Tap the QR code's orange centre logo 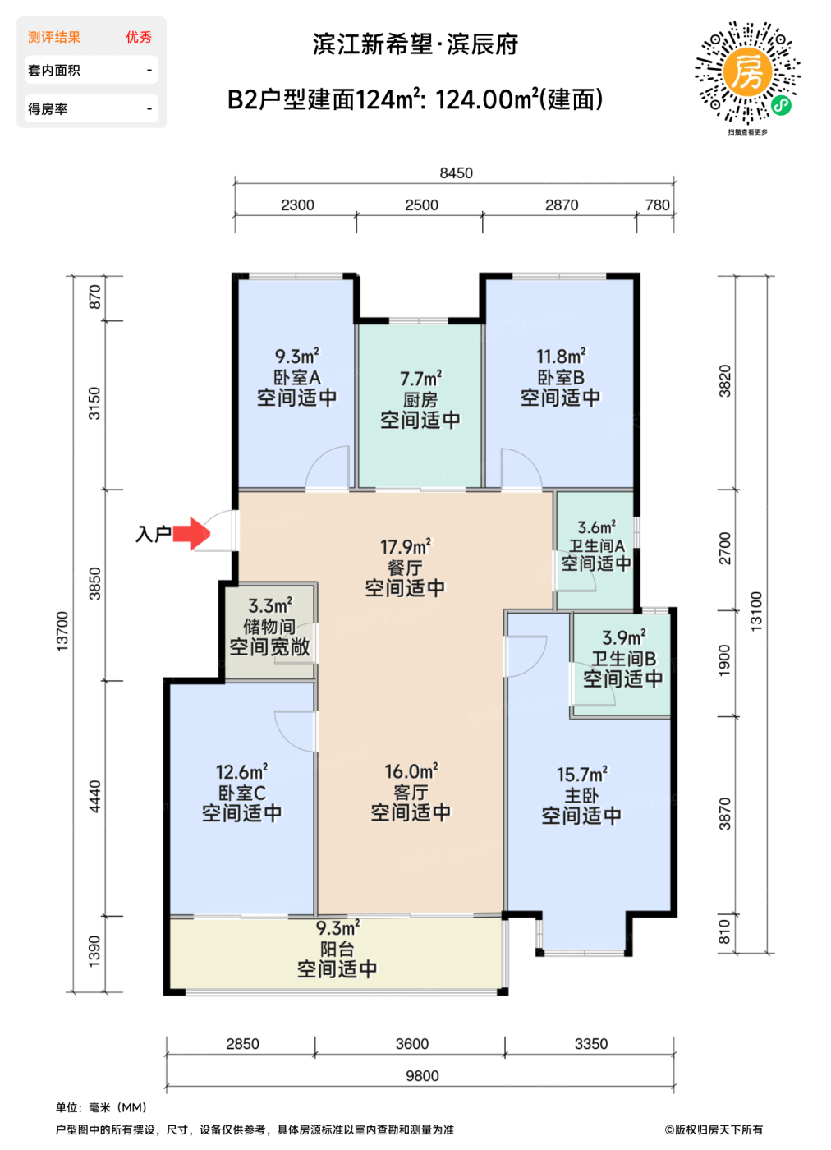(746, 71)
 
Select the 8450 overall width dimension (456, 173)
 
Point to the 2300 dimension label (297, 205)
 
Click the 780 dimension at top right (657, 205)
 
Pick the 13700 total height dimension (62, 632)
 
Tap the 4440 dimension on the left (95, 797)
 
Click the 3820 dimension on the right (724, 381)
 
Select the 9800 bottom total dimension (422, 1075)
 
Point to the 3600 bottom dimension (411, 1044)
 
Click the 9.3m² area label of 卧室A (296, 356)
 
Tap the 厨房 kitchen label (420, 399)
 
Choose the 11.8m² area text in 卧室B (561, 356)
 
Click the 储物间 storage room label (269, 626)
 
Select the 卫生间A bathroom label (596, 545)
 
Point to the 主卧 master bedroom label (581, 796)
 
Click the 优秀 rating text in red (139, 37)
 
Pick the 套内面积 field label (54, 71)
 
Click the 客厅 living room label (411, 793)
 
